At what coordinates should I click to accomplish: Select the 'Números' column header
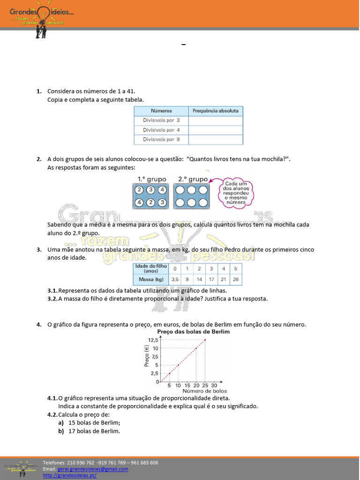point(161,111)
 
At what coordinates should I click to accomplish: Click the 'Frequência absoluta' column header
point(216,111)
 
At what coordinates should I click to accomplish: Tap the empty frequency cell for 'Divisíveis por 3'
point(216,120)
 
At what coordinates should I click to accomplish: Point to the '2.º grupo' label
point(193,179)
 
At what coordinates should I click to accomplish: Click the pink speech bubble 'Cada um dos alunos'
point(235,192)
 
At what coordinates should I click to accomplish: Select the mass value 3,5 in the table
point(175,279)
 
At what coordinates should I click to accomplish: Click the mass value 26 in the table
point(235,279)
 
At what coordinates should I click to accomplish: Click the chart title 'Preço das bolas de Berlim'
point(194,331)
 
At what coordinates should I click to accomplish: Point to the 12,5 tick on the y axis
point(153,340)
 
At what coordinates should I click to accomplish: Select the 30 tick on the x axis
point(214,385)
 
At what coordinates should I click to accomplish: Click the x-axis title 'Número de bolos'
point(204,391)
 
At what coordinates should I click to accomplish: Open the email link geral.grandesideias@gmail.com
point(93,469)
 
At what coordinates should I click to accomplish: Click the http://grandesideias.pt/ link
point(69,475)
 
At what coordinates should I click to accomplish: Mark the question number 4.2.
point(52,414)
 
